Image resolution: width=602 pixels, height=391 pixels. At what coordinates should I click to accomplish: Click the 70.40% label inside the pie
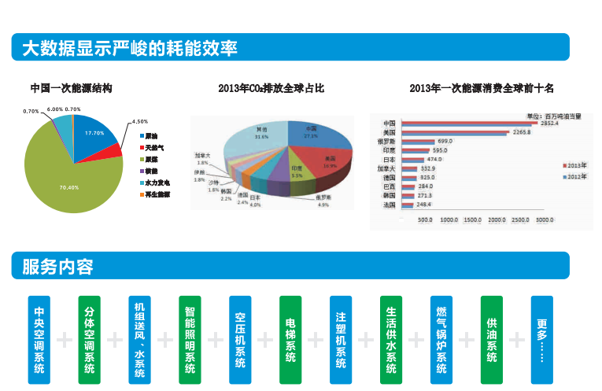click(x=68, y=187)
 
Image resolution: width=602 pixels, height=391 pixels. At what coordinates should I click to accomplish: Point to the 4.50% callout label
click(x=139, y=122)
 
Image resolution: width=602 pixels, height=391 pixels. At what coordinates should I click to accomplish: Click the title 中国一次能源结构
click(x=71, y=88)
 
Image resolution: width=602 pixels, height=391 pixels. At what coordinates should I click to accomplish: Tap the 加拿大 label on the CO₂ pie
click(x=202, y=157)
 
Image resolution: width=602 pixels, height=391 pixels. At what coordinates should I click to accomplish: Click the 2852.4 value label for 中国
click(x=549, y=124)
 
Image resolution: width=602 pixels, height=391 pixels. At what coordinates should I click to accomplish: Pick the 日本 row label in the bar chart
click(x=389, y=159)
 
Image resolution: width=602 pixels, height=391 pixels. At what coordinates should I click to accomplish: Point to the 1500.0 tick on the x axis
click(x=473, y=220)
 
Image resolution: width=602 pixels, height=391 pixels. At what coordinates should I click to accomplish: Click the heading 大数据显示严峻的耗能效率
click(x=130, y=48)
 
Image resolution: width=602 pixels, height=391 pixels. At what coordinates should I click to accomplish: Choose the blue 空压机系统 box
click(x=240, y=340)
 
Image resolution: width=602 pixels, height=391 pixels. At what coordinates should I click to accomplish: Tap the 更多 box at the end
click(x=541, y=340)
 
